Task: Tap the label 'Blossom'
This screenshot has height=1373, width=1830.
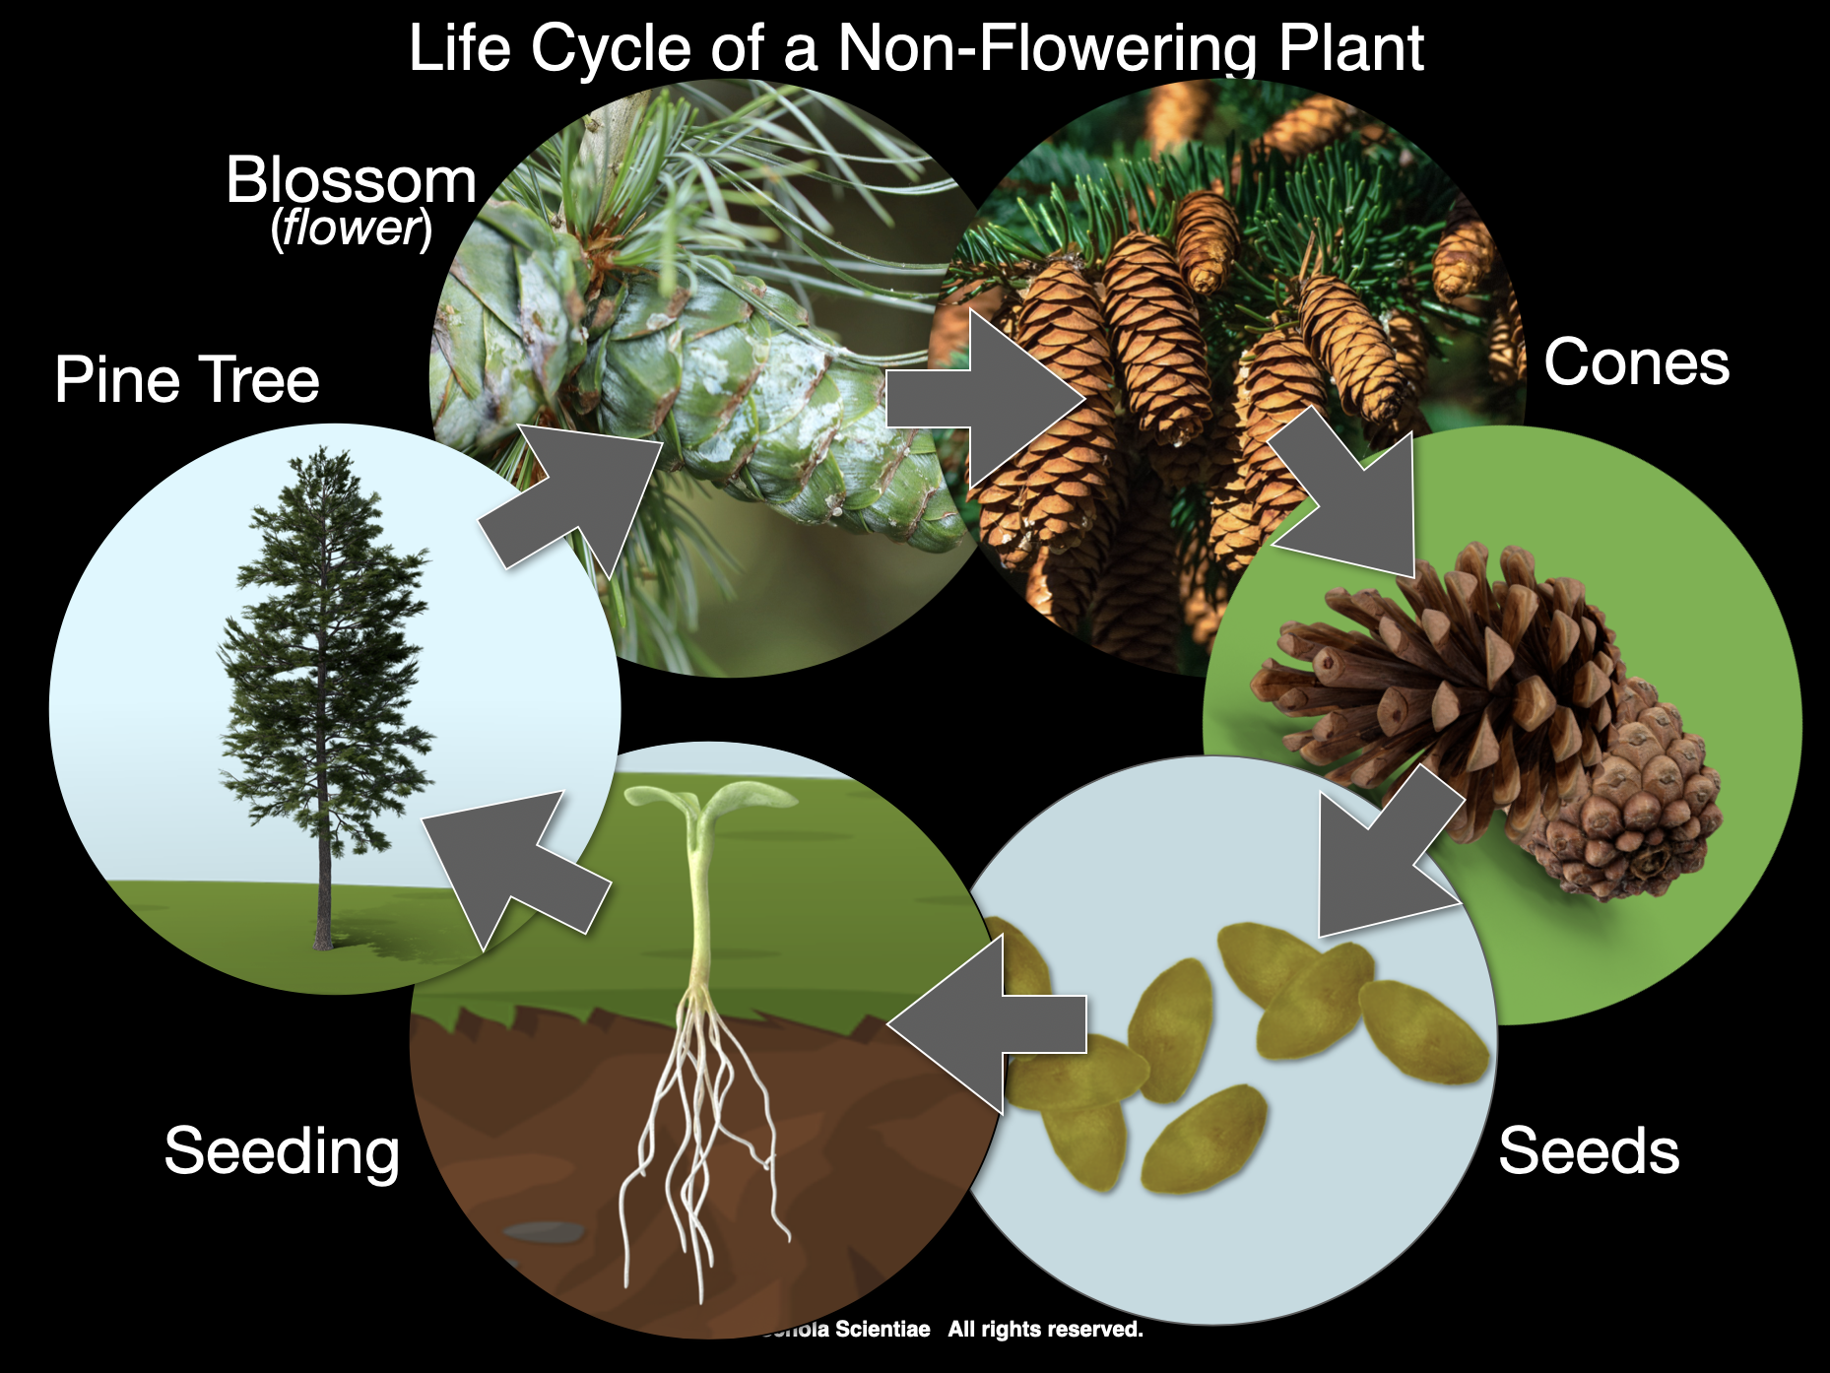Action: (351, 180)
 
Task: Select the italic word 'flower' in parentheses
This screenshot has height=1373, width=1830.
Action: (352, 228)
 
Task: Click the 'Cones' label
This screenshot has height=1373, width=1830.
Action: (1636, 362)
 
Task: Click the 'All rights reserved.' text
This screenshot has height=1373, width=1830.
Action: (1045, 1330)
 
